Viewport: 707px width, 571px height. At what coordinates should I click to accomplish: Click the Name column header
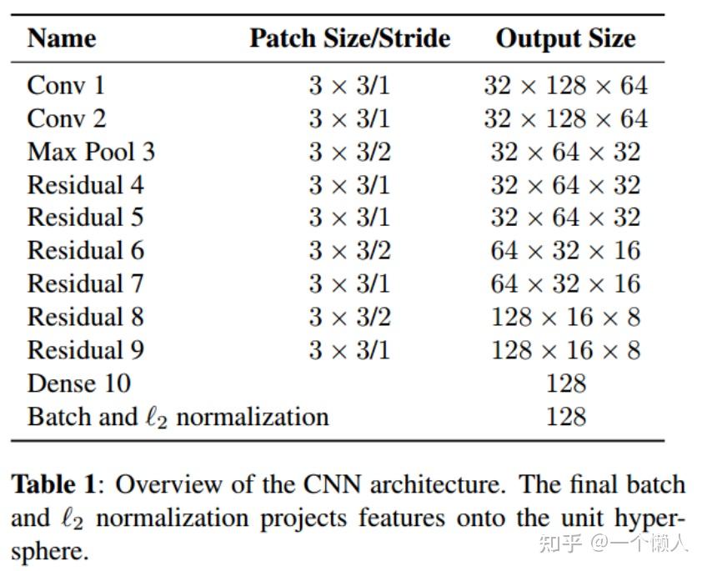point(62,38)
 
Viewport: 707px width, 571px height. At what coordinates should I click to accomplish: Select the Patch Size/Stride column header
point(349,38)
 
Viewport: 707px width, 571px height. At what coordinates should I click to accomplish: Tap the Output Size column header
point(565,38)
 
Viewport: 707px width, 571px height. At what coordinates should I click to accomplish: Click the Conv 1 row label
point(66,85)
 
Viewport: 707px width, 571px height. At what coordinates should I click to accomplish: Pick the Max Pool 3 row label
point(91,152)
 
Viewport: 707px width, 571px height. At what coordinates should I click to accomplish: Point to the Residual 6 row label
point(85,250)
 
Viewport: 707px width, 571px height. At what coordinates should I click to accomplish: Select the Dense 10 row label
point(79,383)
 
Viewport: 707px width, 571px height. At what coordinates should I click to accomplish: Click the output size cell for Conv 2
point(565,118)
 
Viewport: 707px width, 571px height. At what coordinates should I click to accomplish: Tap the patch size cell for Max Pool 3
point(349,152)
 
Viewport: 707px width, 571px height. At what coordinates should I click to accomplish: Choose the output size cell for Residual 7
point(565,283)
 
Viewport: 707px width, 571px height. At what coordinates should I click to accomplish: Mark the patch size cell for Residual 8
point(349,317)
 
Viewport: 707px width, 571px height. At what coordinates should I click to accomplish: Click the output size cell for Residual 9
point(565,350)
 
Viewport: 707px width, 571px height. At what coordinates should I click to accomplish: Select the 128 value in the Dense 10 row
point(566,383)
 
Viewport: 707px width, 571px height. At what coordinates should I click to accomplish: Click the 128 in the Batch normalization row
point(566,416)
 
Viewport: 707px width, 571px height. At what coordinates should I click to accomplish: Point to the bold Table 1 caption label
point(58,484)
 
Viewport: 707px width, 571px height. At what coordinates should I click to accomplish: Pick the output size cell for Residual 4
point(565,185)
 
